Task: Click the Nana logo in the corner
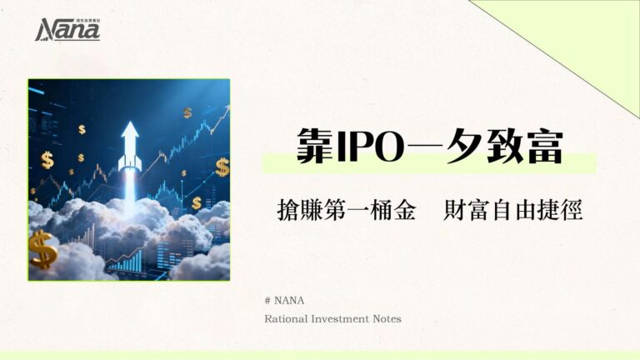tap(67, 30)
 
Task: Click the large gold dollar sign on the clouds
tap(43, 249)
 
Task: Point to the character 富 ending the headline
tap(542, 147)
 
